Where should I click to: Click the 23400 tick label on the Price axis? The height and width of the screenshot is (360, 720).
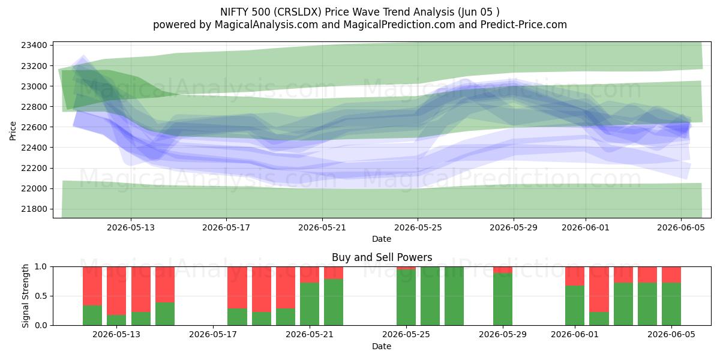[34, 46]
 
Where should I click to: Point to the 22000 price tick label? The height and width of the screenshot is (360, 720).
[34, 188]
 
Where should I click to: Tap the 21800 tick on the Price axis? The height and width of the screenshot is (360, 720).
[34, 209]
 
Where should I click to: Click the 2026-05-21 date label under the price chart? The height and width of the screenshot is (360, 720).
[322, 228]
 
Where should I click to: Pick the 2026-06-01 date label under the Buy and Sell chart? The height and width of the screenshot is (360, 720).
[575, 335]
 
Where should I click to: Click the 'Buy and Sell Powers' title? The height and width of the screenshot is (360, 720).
[382, 257]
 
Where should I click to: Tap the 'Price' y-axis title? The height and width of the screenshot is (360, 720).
[13, 131]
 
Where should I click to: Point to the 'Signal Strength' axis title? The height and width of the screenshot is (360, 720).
[25, 296]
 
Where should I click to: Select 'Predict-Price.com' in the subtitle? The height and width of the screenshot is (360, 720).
[524, 25]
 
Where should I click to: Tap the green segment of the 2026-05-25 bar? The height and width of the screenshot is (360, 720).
[406, 298]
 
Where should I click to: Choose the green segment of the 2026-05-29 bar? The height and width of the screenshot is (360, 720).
[503, 299]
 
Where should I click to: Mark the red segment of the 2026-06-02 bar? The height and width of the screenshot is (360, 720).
[599, 289]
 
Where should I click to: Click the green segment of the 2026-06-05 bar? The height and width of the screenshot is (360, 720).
[671, 304]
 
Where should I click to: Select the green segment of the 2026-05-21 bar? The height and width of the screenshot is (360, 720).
[310, 304]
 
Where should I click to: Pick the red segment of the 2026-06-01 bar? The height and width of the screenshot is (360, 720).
[575, 276]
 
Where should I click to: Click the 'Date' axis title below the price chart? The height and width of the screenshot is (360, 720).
[382, 239]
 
